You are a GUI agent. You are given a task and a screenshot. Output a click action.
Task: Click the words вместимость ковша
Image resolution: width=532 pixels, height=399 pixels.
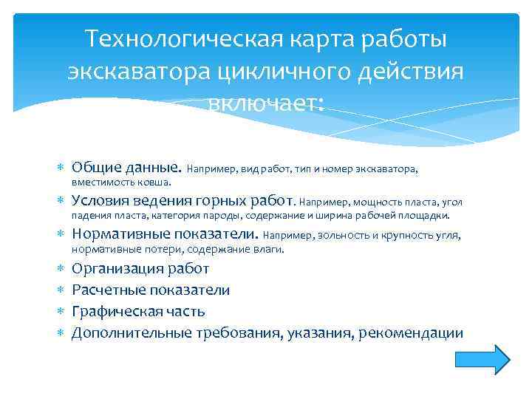121,182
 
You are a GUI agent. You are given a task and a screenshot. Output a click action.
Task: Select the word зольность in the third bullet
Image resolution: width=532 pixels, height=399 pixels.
344,236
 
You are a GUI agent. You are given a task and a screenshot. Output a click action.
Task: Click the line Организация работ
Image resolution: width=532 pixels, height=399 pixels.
140,268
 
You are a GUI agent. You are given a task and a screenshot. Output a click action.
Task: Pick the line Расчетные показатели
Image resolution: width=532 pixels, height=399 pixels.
150,290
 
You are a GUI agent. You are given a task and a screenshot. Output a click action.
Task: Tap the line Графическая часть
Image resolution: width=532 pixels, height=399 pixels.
138,311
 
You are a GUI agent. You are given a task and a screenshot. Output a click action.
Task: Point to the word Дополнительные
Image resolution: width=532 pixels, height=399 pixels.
132,332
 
